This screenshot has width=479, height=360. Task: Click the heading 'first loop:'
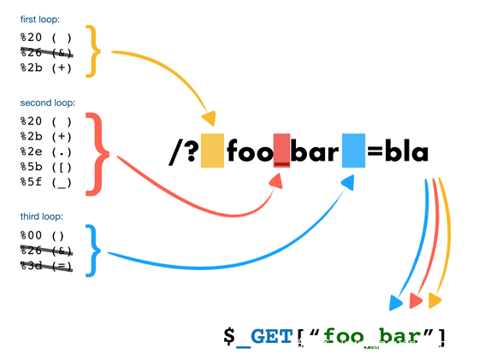point(40,19)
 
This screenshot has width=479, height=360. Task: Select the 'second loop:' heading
point(48,103)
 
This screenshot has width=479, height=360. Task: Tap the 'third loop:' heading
point(42,216)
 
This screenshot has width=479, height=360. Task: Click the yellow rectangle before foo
point(212,150)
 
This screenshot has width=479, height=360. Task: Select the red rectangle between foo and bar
point(281,150)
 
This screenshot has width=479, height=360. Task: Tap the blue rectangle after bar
point(353,150)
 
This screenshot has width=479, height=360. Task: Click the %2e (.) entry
point(46,151)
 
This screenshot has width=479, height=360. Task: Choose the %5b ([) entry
point(46,167)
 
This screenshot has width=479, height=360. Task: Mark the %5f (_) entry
point(46,182)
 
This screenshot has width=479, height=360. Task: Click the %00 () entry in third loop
point(42,235)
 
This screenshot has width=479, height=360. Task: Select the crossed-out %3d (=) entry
point(46,266)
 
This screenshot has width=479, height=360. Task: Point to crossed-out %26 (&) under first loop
point(46,52)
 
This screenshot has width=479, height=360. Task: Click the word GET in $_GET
point(272,337)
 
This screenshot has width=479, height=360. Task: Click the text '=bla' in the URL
point(398,151)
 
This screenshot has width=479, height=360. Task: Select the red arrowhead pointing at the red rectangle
point(276,181)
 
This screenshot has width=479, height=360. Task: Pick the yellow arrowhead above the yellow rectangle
point(209,118)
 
